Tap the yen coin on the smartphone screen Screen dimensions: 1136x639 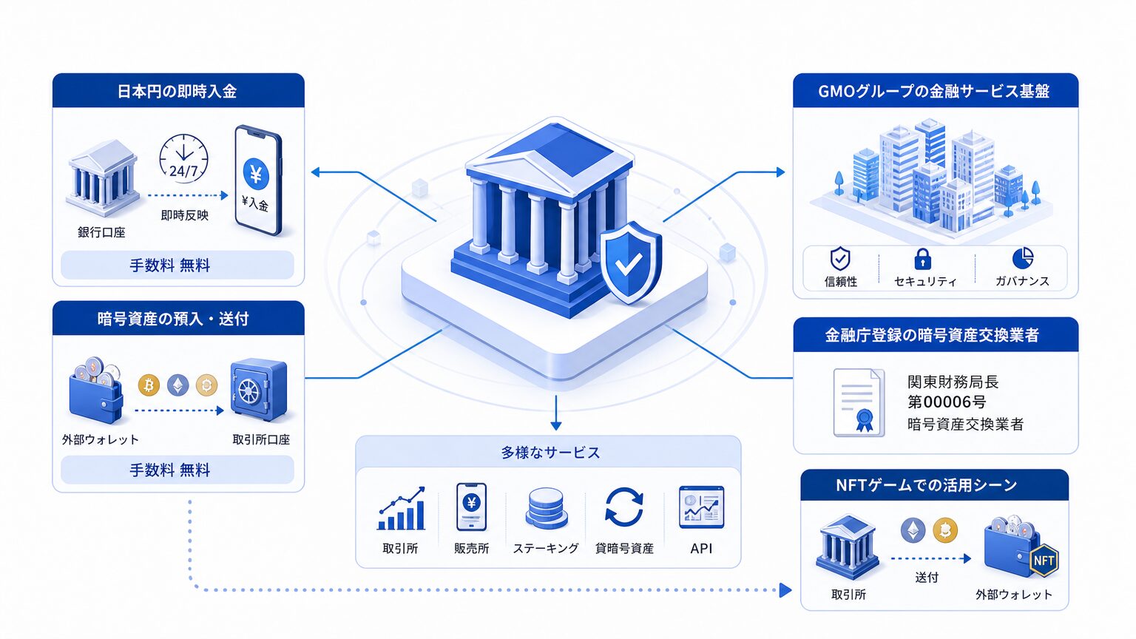[256, 174]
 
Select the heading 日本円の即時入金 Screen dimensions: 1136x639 [177, 91]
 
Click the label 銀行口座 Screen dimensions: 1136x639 [101, 232]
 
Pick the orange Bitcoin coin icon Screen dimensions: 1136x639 [149, 385]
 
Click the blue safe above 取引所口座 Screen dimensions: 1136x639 [259, 390]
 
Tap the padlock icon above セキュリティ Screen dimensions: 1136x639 [922, 259]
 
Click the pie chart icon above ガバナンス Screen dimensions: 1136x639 [1022, 258]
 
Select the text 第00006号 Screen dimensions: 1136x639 [947, 402]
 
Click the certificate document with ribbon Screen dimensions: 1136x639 [859, 402]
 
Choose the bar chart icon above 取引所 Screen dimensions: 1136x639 [401, 509]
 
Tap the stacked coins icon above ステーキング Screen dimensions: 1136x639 [547, 508]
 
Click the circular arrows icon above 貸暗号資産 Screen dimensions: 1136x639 [624, 507]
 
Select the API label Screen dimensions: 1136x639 [701, 548]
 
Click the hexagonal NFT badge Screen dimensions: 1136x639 [1044, 561]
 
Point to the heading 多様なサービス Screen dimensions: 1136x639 [550, 453]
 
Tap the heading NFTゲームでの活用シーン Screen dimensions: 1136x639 [927, 485]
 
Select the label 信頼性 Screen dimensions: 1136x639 [841, 282]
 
